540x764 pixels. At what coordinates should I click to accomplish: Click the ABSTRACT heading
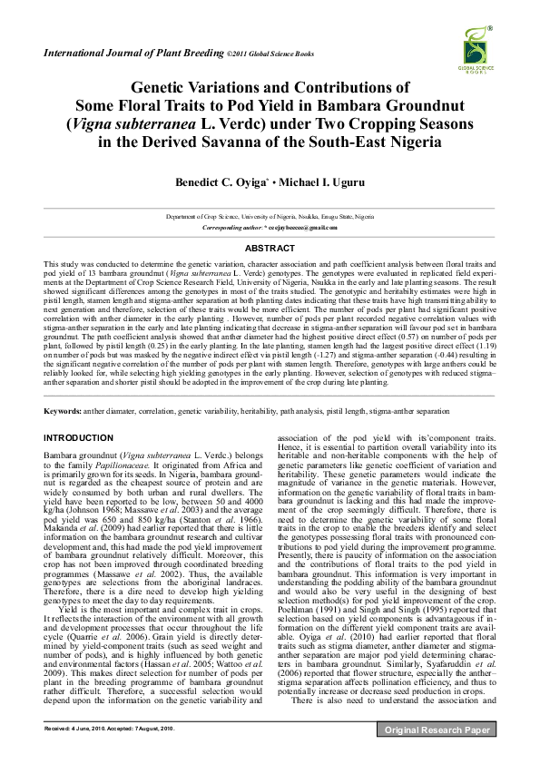point(270,247)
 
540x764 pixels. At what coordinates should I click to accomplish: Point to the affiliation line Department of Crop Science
point(270,218)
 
